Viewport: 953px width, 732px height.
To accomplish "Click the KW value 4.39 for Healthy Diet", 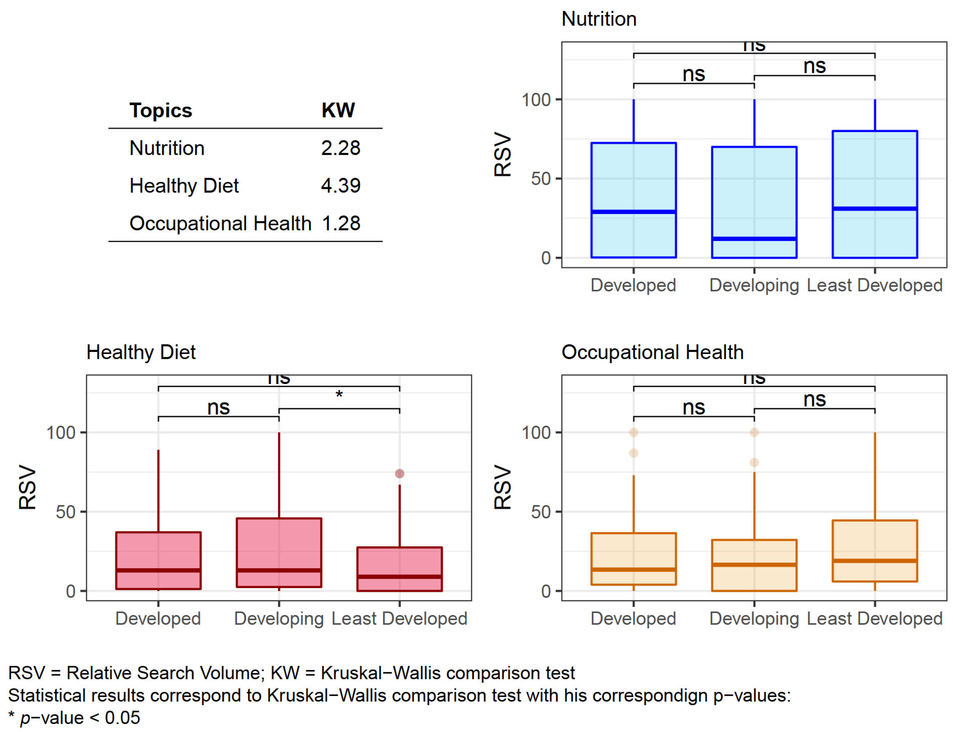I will [x=341, y=186].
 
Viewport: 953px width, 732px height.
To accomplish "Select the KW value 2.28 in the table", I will [x=341, y=148].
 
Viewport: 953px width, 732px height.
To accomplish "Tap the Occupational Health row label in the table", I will [x=220, y=223].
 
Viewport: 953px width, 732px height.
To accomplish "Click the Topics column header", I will [x=160, y=111].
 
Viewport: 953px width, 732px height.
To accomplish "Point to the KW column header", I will [x=338, y=111].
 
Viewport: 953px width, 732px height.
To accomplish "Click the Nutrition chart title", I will [x=599, y=19].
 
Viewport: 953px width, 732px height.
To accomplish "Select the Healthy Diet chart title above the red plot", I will [x=141, y=352].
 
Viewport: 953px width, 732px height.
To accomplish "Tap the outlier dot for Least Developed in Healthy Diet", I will [x=399, y=474].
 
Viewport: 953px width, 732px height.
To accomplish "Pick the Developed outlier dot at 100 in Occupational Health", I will [x=634, y=432].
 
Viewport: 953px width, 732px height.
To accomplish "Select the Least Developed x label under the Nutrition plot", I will [x=874, y=285].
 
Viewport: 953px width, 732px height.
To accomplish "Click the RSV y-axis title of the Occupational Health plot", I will [x=502, y=487].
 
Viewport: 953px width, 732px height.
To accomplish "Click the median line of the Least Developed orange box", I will [x=874, y=561].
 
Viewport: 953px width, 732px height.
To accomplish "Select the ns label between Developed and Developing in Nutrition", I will [x=693, y=74].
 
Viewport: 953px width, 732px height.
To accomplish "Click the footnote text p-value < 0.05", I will [x=80, y=718].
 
